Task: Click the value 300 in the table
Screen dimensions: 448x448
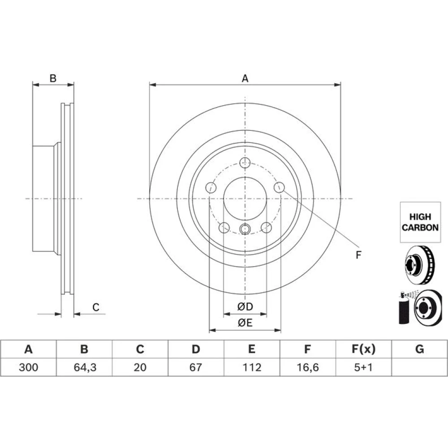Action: tap(28, 367)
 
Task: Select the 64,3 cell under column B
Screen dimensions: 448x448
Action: tap(85, 367)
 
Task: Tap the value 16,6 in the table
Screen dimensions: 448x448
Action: tap(307, 367)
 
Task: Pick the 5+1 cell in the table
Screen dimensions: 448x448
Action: tap(363, 367)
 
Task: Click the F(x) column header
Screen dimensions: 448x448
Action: tap(363, 349)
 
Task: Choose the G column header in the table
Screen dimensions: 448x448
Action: tap(419, 349)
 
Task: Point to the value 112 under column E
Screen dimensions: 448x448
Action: tap(252, 367)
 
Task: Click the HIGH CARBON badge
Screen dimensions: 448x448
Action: tap(420, 222)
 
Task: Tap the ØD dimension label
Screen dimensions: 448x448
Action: tap(245, 306)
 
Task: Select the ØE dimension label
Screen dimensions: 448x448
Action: tap(245, 323)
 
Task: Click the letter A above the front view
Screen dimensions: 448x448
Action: tap(245, 78)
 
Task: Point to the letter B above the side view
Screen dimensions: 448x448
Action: tap(53, 78)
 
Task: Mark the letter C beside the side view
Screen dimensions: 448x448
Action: tap(96, 307)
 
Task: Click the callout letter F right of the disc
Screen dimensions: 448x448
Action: tap(358, 255)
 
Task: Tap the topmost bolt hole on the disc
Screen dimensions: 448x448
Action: tap(245, 163)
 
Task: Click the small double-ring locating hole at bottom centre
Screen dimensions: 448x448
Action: tap(245, 228)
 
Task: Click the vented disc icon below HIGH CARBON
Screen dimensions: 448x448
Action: tap(420, 265)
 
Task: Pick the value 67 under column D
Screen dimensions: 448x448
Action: tap(196, 367)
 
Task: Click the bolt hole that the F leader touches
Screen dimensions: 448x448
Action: tap(279, 187)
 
